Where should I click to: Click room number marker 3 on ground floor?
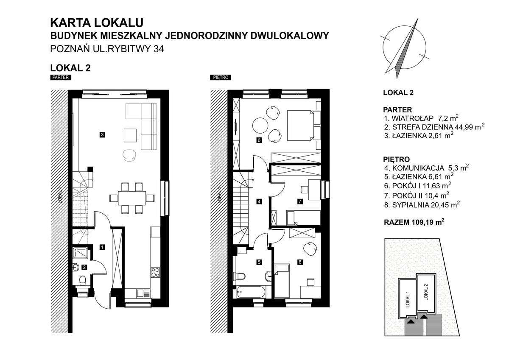point(102,135)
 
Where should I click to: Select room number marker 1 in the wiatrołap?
point(102,246)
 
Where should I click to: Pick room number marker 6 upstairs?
point(259,140)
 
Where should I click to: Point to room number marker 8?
point(300,262)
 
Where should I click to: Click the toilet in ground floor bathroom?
point(82,280)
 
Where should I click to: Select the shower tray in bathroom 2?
point(81,253)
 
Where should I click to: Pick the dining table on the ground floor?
point(131,197)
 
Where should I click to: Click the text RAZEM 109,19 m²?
point(414,222)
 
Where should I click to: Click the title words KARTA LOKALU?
point(97,22)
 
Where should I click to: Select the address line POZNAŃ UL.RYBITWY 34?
point(107,49)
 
